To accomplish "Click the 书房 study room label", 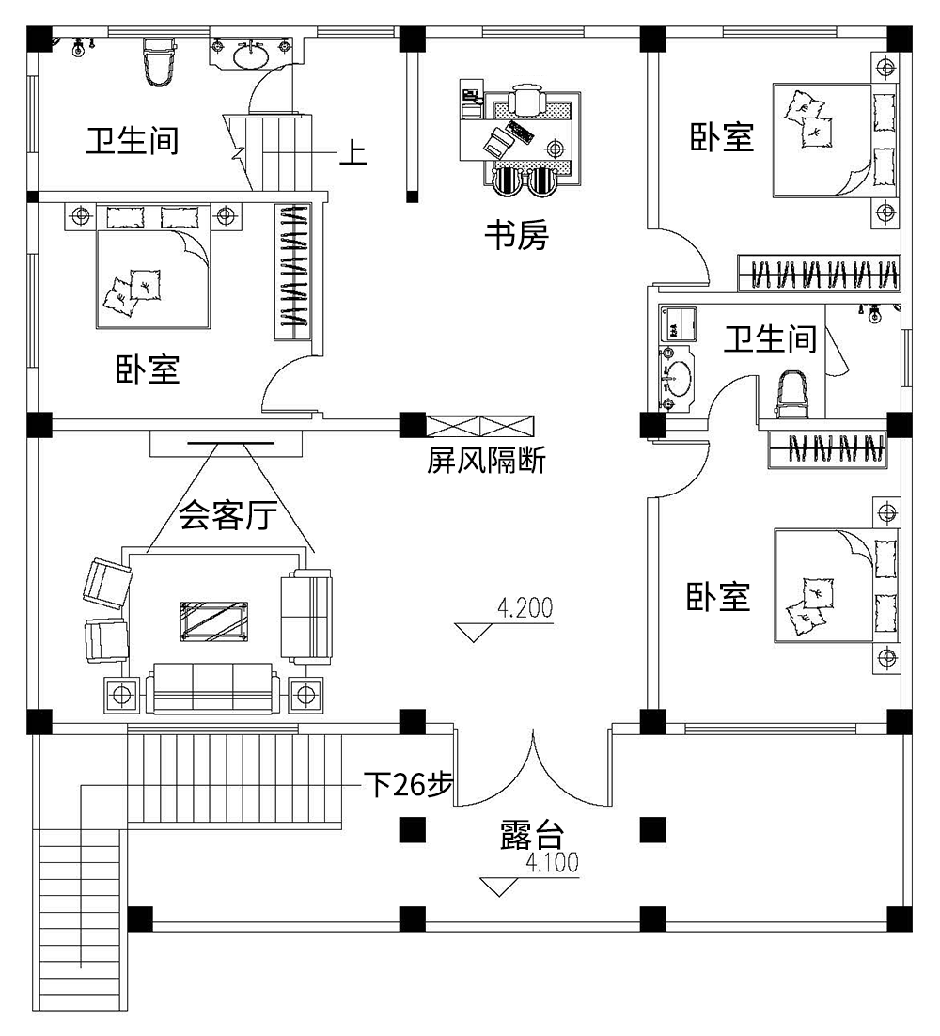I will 515,235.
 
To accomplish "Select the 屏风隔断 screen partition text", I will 486,462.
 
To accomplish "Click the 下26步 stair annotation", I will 407,785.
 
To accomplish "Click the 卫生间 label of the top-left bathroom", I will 132,141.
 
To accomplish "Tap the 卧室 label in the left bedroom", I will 148,369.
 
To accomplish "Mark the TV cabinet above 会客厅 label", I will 226,443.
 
